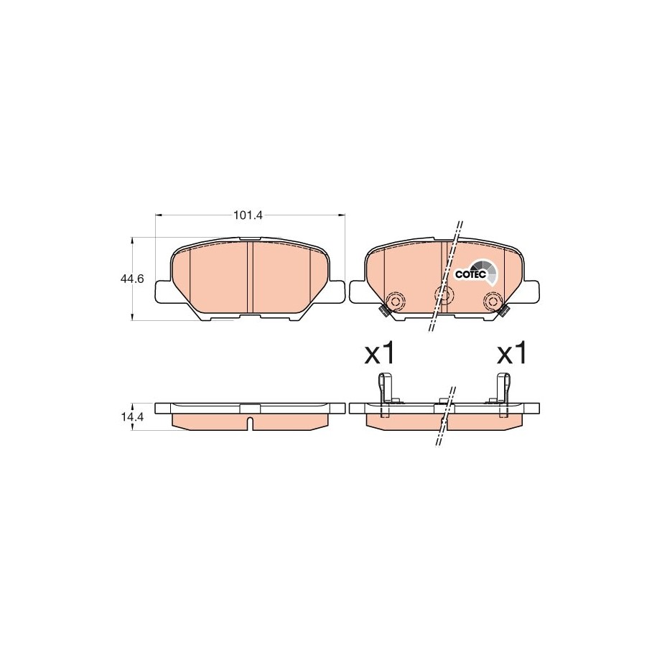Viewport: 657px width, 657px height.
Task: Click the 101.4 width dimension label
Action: coord(248,215)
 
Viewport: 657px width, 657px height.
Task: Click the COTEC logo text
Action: coord(470,274)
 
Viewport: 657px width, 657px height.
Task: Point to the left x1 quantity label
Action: coord(379,354)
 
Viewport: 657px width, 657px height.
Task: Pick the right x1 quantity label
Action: coord(511,354)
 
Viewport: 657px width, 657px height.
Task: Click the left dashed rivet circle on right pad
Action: coord(394,300)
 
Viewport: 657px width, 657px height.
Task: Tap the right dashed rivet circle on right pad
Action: coord(492,300)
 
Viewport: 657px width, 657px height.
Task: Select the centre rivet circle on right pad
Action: coord(443,294)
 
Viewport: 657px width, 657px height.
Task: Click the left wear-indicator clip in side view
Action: coord(383,395)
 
